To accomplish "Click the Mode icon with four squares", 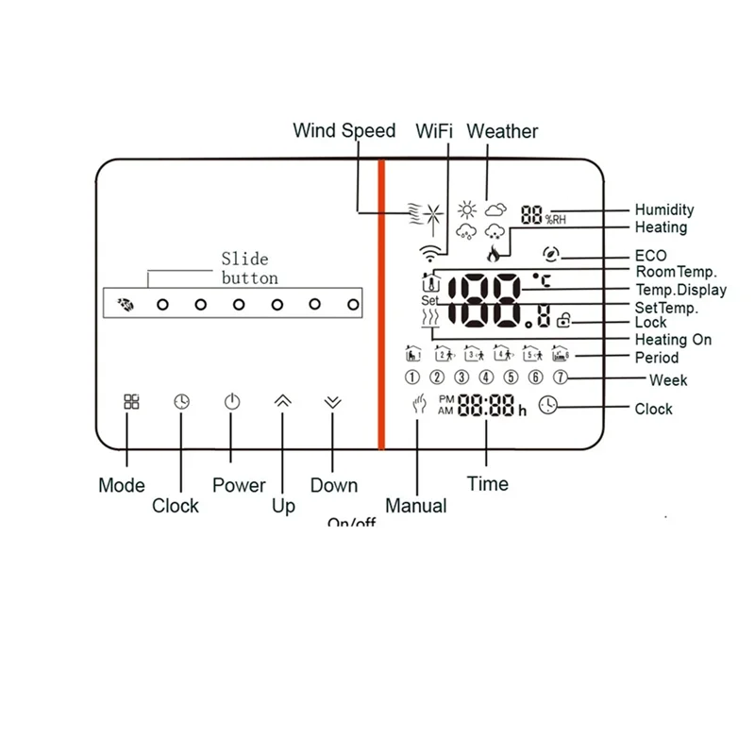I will (131, 401).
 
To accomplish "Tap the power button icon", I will (232, 401).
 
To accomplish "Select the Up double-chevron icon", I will (282, 401).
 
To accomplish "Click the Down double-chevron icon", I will (331, 401).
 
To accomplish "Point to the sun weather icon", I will (466, 210).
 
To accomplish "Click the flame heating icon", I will (493, 254).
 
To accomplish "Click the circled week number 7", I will (560, 377).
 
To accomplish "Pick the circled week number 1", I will (412, 377).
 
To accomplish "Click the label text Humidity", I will (663, 210).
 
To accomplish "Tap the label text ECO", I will (650, 256).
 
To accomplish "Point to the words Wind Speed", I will (344, 131).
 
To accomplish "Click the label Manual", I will (416, 506).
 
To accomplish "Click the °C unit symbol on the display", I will (541, 280).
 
